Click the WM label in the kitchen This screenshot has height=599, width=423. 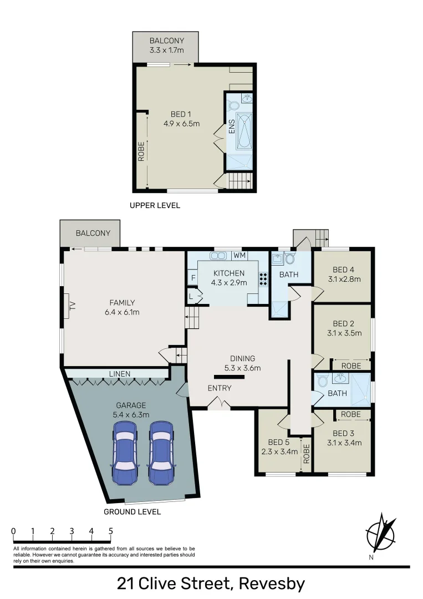pyautogui.click(x=239, y=256)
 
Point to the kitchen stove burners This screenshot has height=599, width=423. pyautogui.click(x=263, y=280)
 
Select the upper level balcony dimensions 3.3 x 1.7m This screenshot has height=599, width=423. pyautogui.click(x=166, y=50)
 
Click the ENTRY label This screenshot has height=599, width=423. pyautogui.click(x=220, y=388)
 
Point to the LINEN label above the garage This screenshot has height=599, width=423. pyautogui.click(x=119, y=374)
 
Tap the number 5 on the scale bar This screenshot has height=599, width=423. pyautogui.click(x=111, y=531)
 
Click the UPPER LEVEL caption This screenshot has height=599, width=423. pyautogui.click(x=155, y=205)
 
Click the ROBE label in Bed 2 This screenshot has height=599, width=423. pyautogui.click(x=351, y=366)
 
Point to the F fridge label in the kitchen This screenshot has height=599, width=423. pyautogui.click(x=193, y=278)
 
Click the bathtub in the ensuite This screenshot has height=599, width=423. pyautogui.click(x=244, y=131)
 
